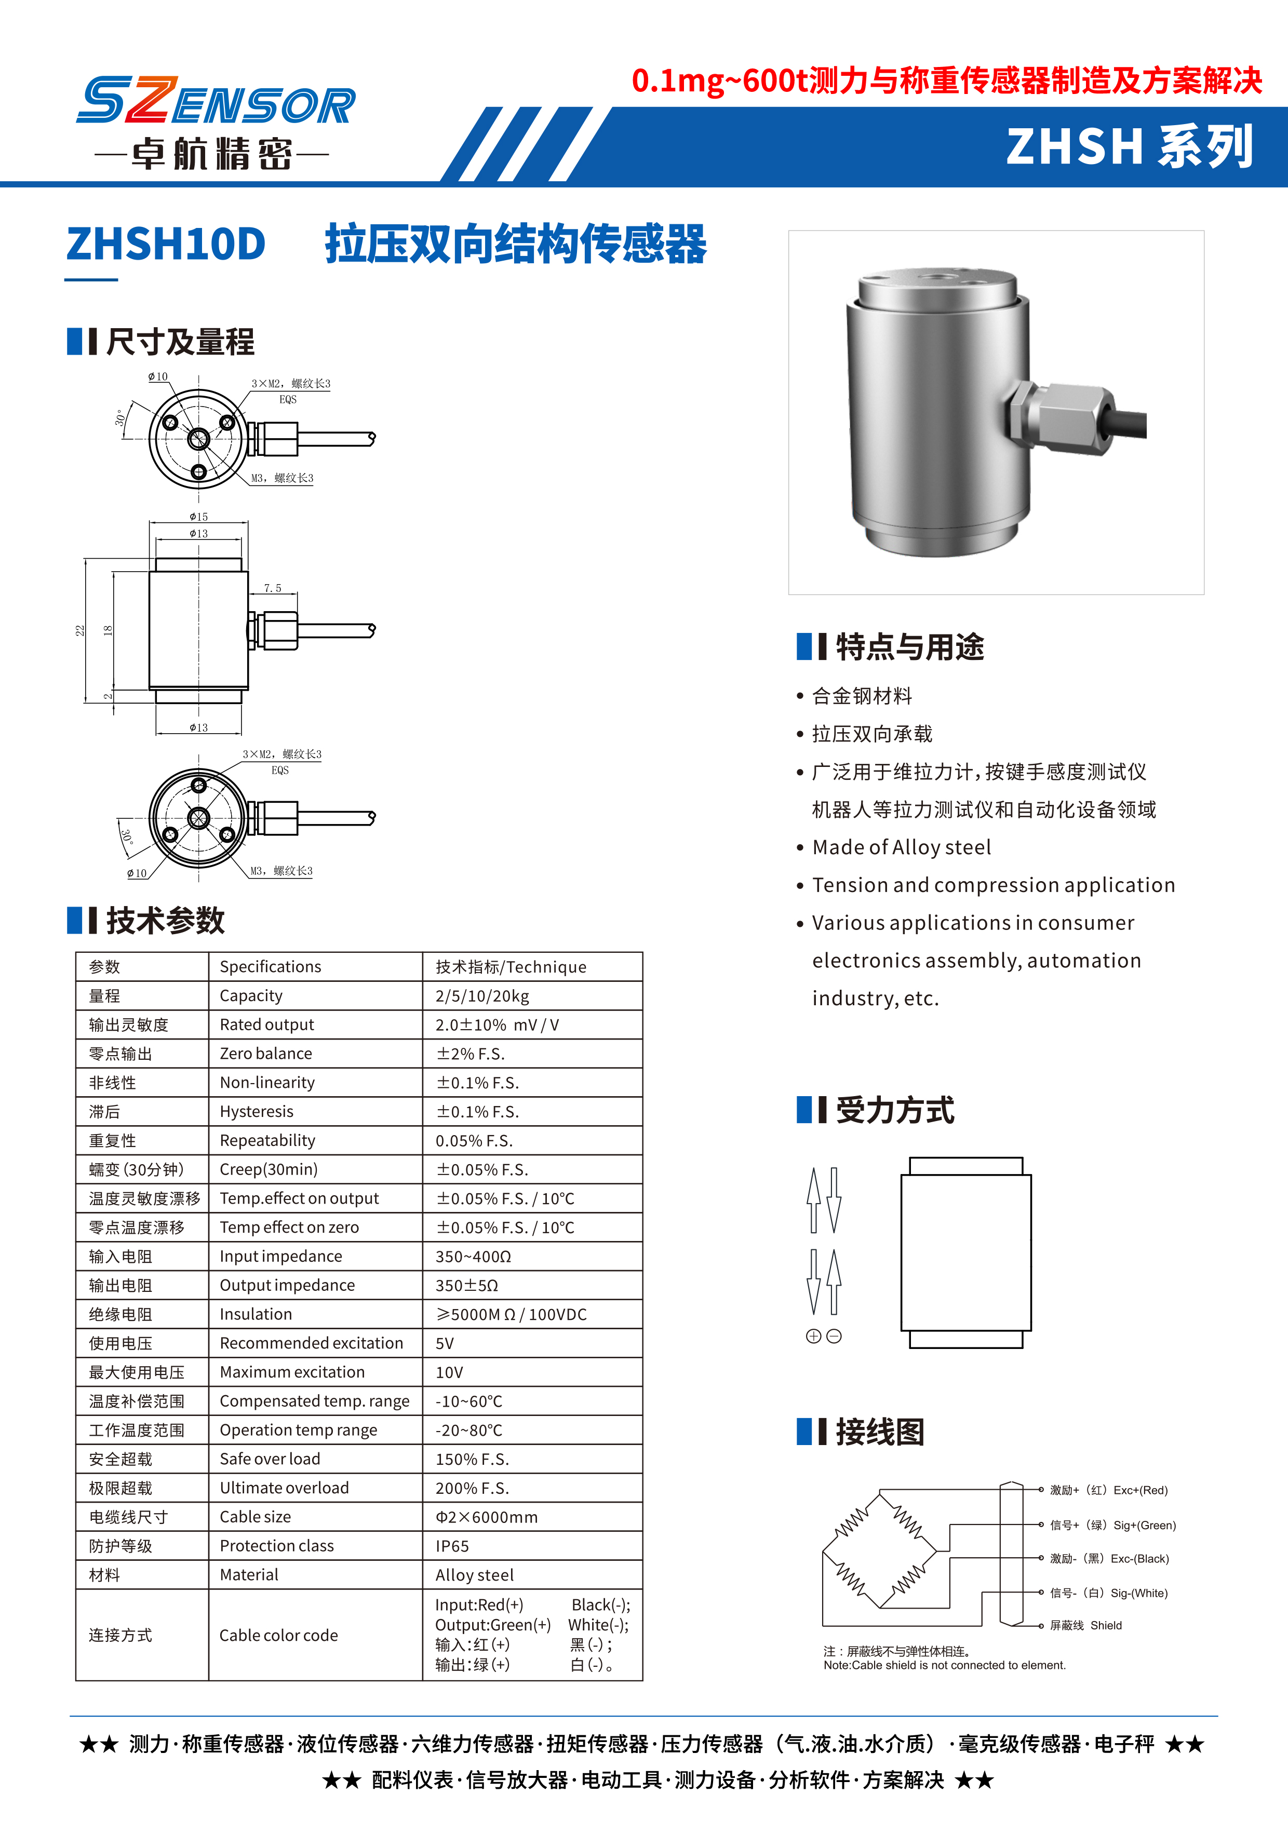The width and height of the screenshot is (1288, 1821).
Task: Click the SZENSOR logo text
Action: tap(216, 102)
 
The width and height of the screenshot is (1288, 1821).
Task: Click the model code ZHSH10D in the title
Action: tap(166, 244)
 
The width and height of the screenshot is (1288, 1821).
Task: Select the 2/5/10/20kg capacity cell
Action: tap(481, 996)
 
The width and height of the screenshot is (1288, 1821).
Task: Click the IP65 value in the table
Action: tap(452, 1546)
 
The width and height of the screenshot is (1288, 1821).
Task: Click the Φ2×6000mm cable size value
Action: tap(486, 1517)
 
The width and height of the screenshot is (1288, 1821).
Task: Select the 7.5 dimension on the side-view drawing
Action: tap(272, 588)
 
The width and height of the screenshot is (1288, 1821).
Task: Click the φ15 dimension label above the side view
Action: tap(198, 516)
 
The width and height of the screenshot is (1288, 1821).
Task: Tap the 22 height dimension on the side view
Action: tap(79, 630)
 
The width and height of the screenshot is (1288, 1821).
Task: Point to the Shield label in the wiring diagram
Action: tap(1106, 1625)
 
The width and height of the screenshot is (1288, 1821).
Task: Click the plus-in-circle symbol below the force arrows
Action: tap(813, 1337)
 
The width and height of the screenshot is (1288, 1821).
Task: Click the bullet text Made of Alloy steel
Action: tap(901, 848)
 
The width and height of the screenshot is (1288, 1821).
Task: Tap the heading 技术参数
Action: tap(165, 921)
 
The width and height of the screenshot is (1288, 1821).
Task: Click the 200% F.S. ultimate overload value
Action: tap(472, 1488)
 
